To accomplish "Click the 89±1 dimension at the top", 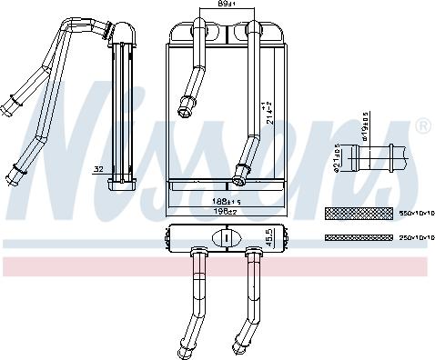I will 214,5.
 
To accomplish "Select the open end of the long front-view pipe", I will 241,169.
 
